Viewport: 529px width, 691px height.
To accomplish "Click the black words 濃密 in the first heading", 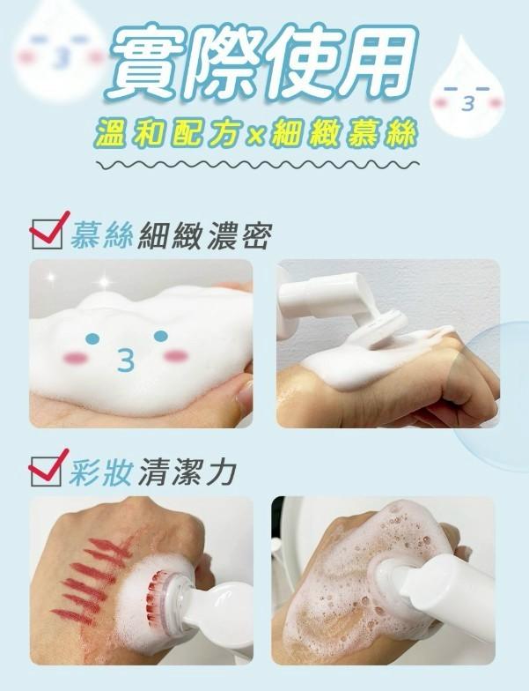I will click(243, 236).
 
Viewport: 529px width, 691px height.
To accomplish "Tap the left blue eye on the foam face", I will click(92, 338).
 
